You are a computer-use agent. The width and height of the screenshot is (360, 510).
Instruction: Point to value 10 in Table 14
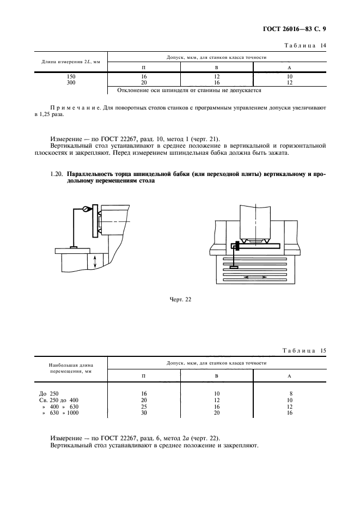[x=289, y=77]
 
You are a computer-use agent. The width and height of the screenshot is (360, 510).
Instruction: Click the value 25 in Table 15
[x=144, y=406]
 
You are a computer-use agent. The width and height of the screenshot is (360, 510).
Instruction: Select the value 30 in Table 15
[x=144, y=413]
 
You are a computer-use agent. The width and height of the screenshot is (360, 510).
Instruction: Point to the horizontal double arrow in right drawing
[x=255, y=277]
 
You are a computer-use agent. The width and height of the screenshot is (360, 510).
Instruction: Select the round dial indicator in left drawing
[x=86, y=209]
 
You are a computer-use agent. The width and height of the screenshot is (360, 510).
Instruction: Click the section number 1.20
[x=57, y=174]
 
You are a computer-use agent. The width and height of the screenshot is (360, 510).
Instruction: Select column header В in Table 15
[x=216, y=376]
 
